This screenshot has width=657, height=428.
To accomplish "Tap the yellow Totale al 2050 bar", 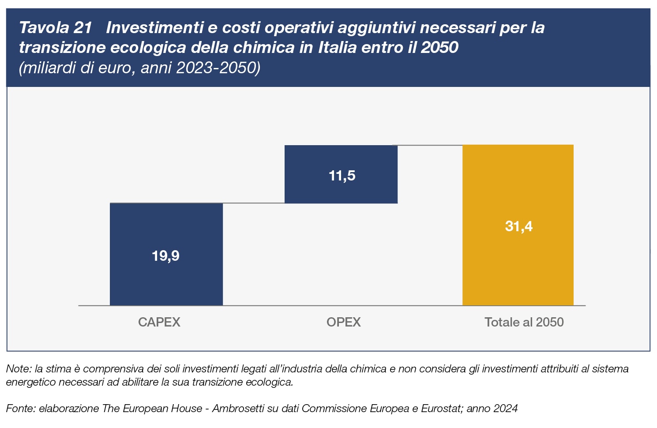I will (518, 265).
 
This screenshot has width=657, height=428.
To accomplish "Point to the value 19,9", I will (165, 256).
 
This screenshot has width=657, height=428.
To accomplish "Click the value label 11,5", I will (342, 176).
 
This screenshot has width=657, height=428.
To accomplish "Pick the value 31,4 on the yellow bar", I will (518, 226).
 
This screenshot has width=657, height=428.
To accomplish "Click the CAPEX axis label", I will (159, 322).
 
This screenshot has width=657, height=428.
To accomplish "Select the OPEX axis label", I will (343, 322).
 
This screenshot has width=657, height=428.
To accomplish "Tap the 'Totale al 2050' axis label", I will (524, 322).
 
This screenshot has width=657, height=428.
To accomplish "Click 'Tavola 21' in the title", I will (55, 28).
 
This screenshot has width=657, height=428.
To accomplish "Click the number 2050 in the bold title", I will (439, 47).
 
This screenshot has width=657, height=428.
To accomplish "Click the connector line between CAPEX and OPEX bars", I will (254, 203).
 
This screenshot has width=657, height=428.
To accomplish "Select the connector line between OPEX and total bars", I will (430, 145).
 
